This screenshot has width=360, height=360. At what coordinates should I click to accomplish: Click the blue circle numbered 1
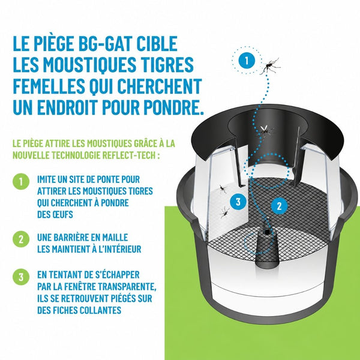[x=247, y=61]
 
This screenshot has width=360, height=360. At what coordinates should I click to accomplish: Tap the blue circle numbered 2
[x=279, y=206]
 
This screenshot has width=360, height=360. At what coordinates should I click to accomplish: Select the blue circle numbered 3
[x=238, y=202]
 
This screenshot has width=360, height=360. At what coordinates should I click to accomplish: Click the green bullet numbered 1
[x=21, y=181]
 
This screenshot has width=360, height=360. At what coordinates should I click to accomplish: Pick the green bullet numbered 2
[x=21, y=239]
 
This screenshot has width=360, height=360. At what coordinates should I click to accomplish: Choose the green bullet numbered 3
[x=21, y=277]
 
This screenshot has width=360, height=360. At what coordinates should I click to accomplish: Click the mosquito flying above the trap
[x=270, y=66]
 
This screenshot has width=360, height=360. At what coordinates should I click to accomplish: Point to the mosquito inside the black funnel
[x=265, y=131]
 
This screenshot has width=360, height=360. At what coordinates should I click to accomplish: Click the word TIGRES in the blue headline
[x=168, y=65]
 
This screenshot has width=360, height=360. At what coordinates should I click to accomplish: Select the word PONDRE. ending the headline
[x=174, y=107]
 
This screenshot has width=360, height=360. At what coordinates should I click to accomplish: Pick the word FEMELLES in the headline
[x=49, y=86]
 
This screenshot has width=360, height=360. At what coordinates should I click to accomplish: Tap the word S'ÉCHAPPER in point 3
[x=118, y=274]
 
